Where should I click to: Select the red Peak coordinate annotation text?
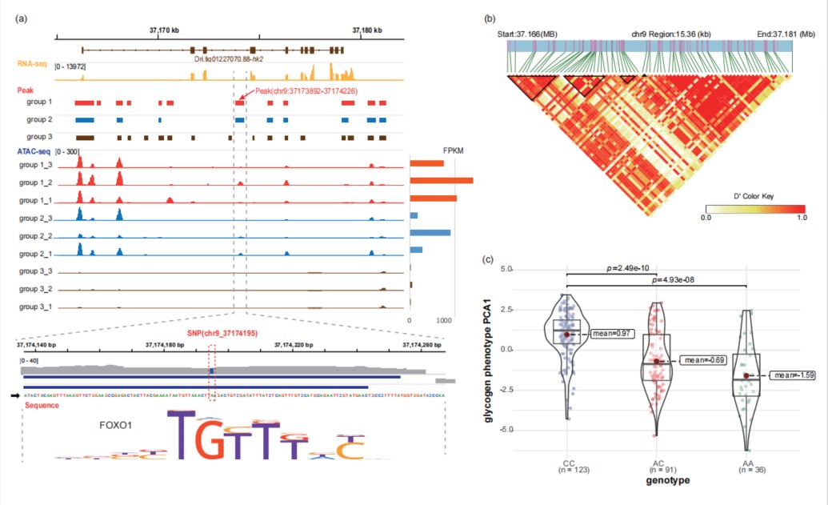(306, 91)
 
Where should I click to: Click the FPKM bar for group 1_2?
(441, 181)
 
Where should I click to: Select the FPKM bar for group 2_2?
(430, 233)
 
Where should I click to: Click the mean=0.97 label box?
(611, 332)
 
